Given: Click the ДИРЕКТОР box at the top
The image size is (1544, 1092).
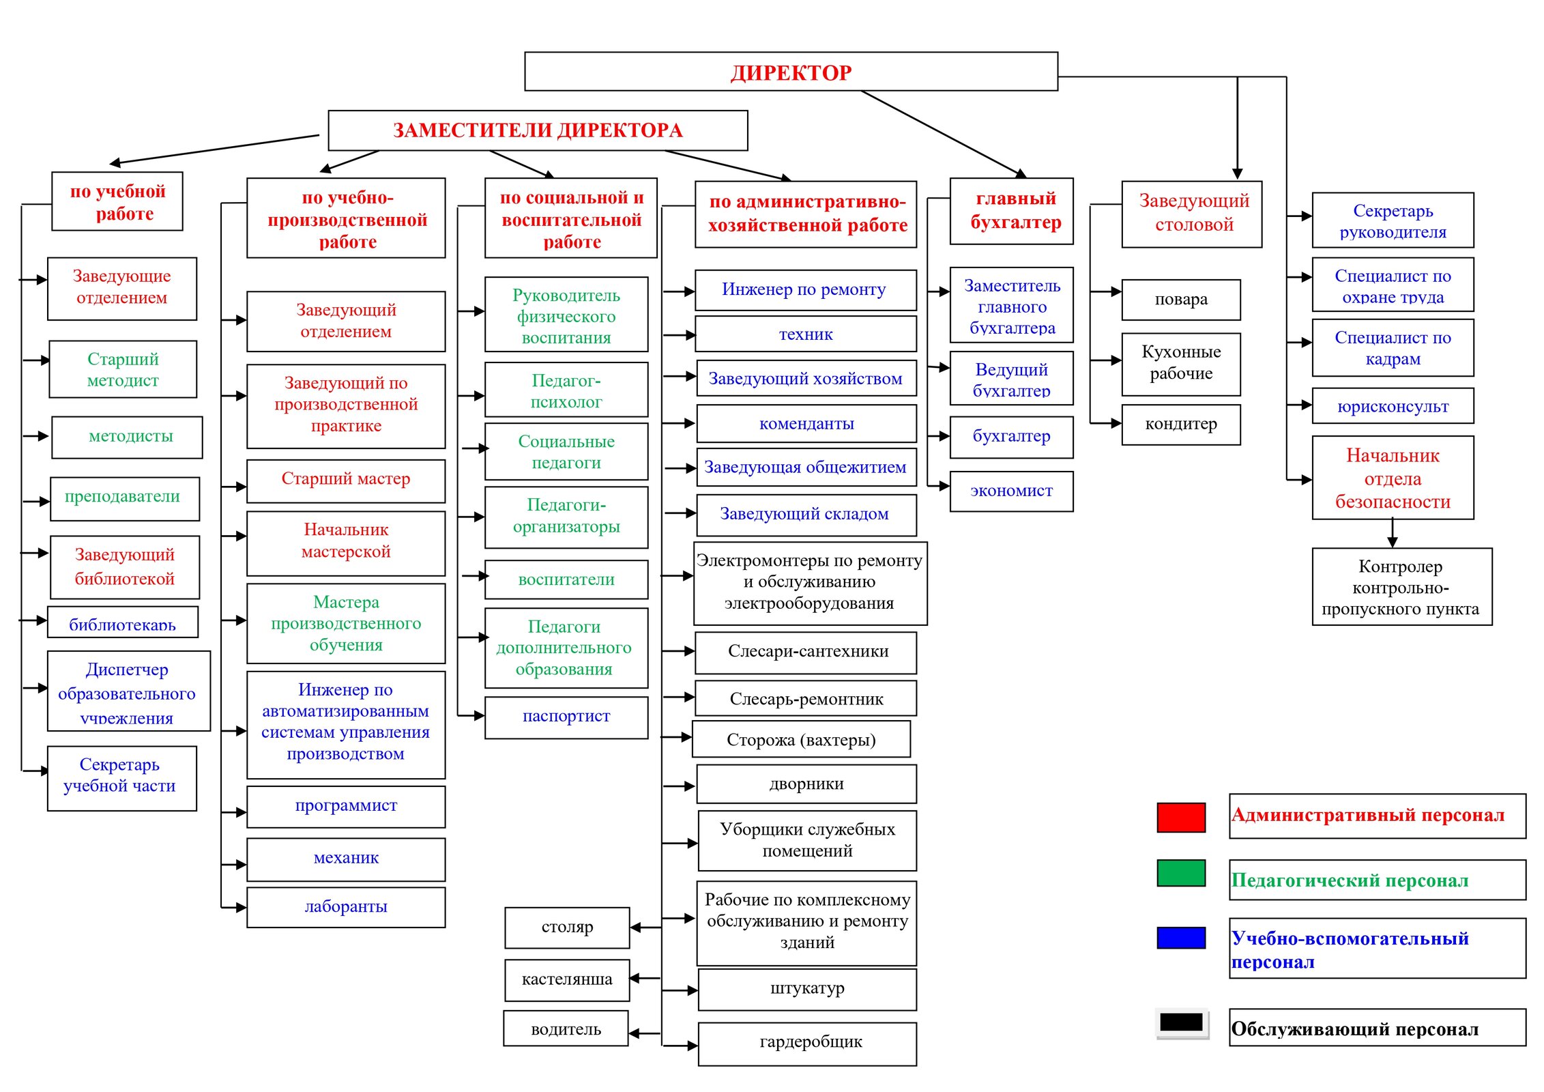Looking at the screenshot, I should click(x=790, y=72).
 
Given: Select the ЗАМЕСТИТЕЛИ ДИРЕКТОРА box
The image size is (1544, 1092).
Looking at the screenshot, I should click(x=537, y=130).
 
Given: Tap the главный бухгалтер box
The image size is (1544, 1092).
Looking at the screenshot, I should click(x=1011, y=211).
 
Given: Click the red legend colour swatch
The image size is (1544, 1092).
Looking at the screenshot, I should click(x=1180, y=817).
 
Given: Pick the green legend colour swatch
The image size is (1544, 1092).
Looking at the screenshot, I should click(x=1180, y=873).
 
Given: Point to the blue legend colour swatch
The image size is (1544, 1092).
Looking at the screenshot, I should click(x=1180, y=937).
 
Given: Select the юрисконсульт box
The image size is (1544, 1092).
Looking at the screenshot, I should click(x=1392, y=406).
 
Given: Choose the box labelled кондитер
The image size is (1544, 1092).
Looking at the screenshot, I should click(x=1180, y=425).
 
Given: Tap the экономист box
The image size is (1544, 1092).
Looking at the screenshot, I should click(x=1011, y=491).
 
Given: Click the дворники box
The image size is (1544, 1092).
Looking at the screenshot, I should click(x=806, y=784).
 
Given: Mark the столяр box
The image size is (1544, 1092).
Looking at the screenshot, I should click(x=566, y=928).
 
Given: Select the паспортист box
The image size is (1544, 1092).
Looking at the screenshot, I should click(x=566, y=717).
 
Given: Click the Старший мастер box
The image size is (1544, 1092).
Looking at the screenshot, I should click(x=345, y=480).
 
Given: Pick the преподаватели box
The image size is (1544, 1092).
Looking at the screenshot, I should click(x=124, y=498).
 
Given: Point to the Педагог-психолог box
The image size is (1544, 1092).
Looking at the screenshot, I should click(x=566, y=390).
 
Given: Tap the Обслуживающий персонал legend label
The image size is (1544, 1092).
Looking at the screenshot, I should click(x=1377, y=1028).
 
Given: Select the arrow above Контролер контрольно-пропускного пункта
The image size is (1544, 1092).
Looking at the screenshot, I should click(x=1392, y=533).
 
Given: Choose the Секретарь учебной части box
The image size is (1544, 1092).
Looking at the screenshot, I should click(x=121, y=777).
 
